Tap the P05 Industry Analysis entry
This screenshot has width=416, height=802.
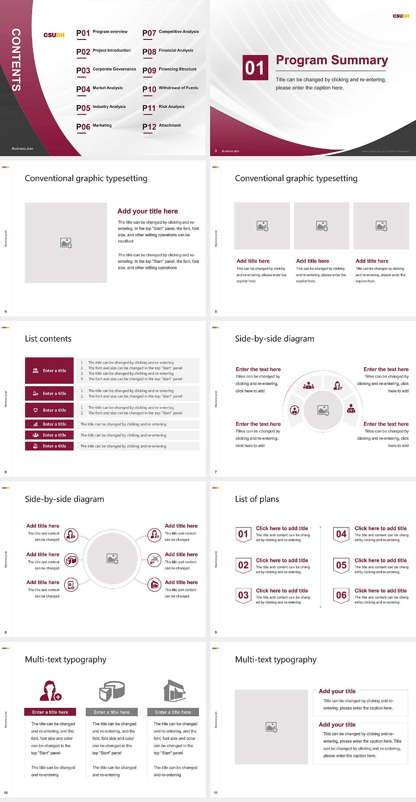pos(101,108)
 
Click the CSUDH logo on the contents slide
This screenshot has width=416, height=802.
pos(54,35)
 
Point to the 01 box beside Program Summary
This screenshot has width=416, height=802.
pos(255,68)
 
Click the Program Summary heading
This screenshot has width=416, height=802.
pos(331,60)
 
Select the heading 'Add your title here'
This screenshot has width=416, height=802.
pos(147,211)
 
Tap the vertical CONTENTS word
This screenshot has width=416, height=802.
pos(16,59)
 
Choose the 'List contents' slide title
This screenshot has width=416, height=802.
pos(48,339)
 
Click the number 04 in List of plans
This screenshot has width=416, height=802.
pos(341,534)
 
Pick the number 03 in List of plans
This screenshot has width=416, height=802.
pos(244,595)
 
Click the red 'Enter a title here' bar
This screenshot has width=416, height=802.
pos(50,712)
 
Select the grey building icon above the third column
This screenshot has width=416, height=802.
pos(175,691)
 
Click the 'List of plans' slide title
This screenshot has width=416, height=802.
pos(257,499)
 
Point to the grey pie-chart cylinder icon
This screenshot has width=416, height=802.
pos(112,691)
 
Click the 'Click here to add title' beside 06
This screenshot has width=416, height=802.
pos(380,590)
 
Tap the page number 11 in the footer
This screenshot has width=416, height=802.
pos(216,792)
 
